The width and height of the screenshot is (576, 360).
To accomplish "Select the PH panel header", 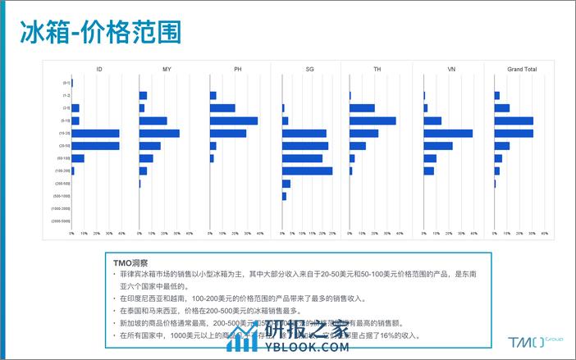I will pos(238,70).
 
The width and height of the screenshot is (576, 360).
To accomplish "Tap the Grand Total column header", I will pos(522,70).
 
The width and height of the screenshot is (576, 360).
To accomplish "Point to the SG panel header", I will pos(309,70).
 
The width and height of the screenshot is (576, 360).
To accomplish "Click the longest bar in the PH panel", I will pos(234,121).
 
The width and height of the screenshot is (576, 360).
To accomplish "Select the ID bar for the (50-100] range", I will pos(78,158).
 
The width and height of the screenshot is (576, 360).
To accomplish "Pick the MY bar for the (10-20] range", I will pos(159,133).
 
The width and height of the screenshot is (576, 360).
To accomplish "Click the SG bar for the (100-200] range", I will pos(307,171).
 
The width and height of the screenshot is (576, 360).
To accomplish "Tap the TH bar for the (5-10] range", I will pos(373,121).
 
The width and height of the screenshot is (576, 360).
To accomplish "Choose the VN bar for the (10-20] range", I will pos(448,133).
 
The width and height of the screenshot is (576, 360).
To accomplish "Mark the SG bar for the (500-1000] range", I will pos(284,196).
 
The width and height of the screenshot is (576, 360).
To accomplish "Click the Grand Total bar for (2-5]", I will pos(501,108).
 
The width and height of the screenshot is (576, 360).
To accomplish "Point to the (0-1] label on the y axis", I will pos(66,83).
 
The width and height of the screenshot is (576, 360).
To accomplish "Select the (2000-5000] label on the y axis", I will pos(61,221).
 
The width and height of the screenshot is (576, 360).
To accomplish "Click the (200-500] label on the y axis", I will pos(62,184).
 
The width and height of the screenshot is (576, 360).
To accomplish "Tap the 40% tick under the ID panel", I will pos(121,234).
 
